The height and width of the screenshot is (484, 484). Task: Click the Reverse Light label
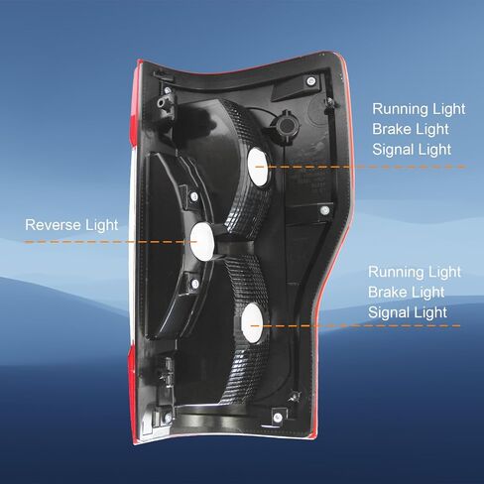[71, 225]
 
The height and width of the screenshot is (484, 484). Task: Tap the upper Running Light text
[419, 109]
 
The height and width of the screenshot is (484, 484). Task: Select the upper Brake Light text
[411, 129]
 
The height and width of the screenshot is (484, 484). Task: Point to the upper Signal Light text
[412, 150]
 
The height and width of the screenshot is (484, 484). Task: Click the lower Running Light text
[415, 272]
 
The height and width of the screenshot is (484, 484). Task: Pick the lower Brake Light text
[407, 293]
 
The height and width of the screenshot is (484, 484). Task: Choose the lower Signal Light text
[408, 312]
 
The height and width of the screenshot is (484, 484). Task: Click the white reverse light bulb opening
[202, 241]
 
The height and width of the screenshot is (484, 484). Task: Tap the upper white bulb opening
[259, 167]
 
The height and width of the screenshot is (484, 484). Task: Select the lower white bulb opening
[252, 323]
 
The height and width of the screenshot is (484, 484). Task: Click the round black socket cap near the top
[287, 125]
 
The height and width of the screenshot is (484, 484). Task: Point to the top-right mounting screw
[310, 81]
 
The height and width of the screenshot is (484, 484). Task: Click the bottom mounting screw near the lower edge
[278, 418]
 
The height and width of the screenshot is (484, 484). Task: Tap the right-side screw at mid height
[325, 210]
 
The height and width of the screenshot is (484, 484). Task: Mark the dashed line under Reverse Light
[110, 242]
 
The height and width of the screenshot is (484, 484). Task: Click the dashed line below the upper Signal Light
[361, 167]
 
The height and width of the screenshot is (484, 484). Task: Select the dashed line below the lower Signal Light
[355, 325]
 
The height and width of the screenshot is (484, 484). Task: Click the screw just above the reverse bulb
[193, 197]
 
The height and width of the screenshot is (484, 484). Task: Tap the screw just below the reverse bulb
[195, 284]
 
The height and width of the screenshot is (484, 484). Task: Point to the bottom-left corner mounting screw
[168, 419]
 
